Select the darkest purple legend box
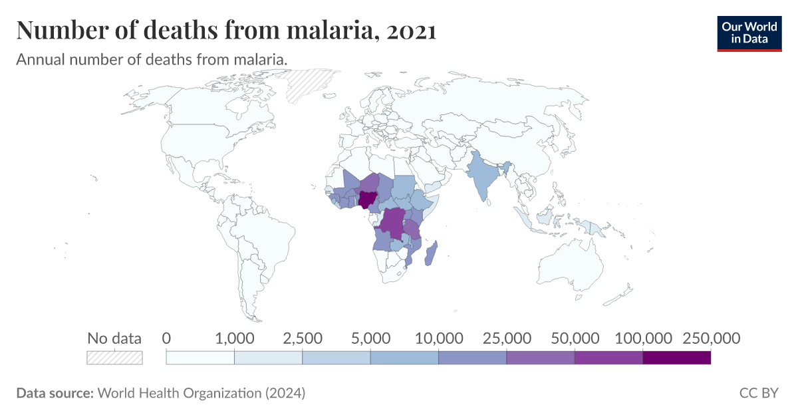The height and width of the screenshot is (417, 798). click(x=676, y=358)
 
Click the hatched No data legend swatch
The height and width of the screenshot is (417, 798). click(x=114, y=358)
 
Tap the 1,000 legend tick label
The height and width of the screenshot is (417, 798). click(x=234, y=339)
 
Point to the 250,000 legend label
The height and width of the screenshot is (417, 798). click(x=710, y=339)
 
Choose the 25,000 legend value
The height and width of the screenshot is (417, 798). click(x=506, y=339)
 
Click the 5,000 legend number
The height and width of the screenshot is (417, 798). click(x=370, y=339)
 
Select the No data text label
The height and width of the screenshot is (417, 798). click(x=114, y=339)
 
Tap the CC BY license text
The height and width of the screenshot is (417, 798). click(x=758, y=393)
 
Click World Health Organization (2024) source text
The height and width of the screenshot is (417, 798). click(x=201, y=393)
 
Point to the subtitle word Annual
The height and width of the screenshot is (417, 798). click(x=38, y=59)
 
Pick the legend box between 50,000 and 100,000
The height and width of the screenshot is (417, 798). click(x=608, y=358)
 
